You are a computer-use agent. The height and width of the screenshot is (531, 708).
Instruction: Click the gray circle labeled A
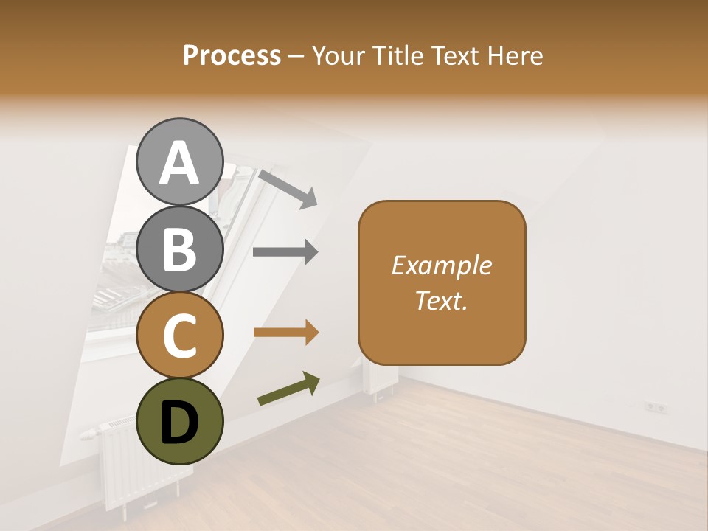coord(180,162)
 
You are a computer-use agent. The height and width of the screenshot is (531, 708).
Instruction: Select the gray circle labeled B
coord(180,249)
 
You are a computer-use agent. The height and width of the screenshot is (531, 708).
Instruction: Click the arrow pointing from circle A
coord(288,188)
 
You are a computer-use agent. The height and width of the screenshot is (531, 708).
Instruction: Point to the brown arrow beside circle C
coord(285,333)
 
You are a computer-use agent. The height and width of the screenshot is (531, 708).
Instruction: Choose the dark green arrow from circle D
coord(288,389)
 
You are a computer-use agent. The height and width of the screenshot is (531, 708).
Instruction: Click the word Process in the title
coord(232,56)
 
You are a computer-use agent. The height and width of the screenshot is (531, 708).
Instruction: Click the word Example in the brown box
coord(441,265)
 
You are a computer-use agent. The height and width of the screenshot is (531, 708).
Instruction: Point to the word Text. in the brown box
coord(441,300)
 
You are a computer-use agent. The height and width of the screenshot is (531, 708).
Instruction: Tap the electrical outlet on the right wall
coord(655,406)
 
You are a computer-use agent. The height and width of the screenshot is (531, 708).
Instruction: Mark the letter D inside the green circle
coord(180,422)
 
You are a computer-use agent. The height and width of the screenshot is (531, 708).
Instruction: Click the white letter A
coord(180,163)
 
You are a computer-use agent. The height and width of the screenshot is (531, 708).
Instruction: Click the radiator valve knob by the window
coord(88,433)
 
